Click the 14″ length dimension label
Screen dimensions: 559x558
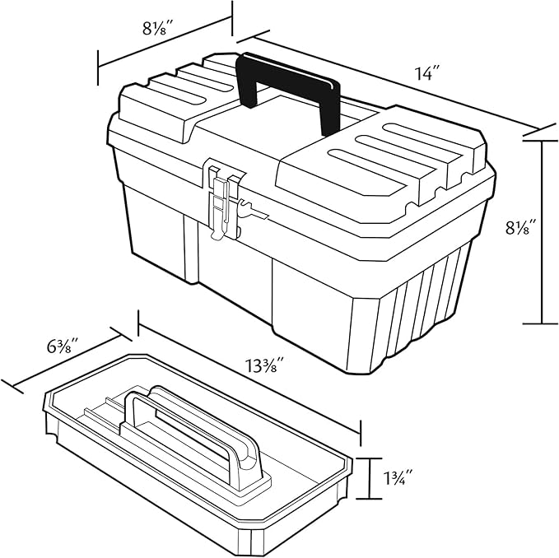428,74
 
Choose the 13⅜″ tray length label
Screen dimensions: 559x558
264,365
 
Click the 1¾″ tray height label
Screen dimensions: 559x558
398,477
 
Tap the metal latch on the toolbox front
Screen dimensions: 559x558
226,202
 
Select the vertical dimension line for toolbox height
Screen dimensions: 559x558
542,231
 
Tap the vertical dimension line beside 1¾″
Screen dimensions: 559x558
370,478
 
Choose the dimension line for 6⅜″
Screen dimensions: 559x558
67,360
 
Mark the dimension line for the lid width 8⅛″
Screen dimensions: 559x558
165,42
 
